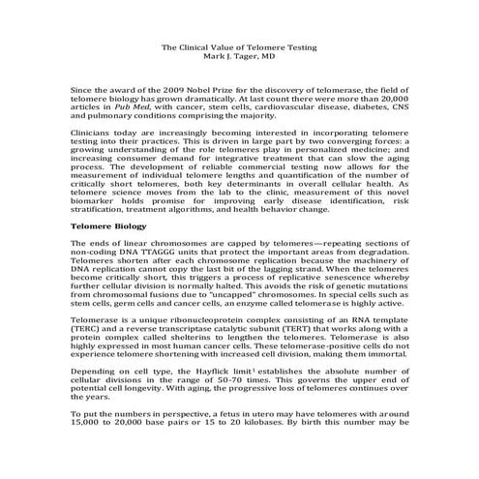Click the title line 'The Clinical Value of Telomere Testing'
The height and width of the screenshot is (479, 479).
click(x=239, y=45)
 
